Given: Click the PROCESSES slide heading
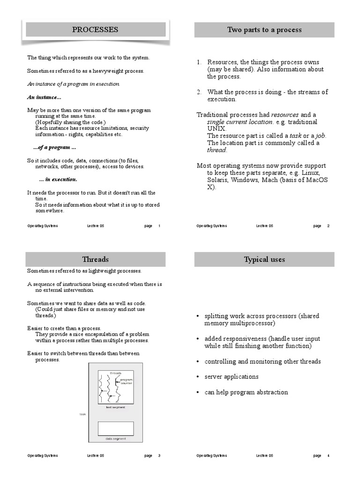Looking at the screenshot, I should point(95,30).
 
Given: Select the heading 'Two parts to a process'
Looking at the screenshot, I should point(264,30).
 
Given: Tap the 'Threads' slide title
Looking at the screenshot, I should point(95,259).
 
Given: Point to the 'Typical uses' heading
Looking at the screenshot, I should point(264,259).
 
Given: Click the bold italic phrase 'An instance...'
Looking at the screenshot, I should point(44,97).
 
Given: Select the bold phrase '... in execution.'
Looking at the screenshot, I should point(58,180).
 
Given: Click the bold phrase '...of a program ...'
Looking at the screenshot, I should point(54,148).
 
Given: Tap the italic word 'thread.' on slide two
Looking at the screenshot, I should point(217,150).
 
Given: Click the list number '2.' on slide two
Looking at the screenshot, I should point(199,92).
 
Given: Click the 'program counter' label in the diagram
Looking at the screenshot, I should point(127,381).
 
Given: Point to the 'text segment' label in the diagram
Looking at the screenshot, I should point(115,407).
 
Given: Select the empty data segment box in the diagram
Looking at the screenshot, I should point(115,428).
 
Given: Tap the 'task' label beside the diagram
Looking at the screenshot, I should point(82,414).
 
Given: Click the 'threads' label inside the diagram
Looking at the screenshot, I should point(115,373).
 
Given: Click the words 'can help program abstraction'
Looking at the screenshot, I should point(246,392).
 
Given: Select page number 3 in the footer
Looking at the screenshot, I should point(159,456).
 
